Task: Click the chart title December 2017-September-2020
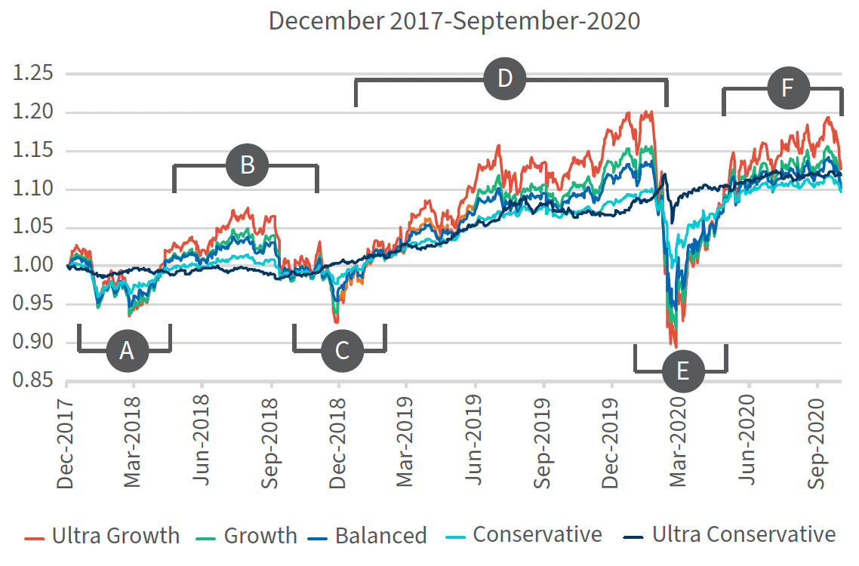point(454,20)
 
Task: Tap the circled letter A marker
point(127,351)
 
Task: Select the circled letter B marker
point(247,165)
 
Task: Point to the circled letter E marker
point(682,371)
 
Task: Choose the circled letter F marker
point(788,88)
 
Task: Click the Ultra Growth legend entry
point(102,536)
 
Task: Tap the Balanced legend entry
point(367,536)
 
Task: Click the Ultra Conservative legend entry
point(729,536)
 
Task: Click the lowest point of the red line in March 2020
point(676,347)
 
